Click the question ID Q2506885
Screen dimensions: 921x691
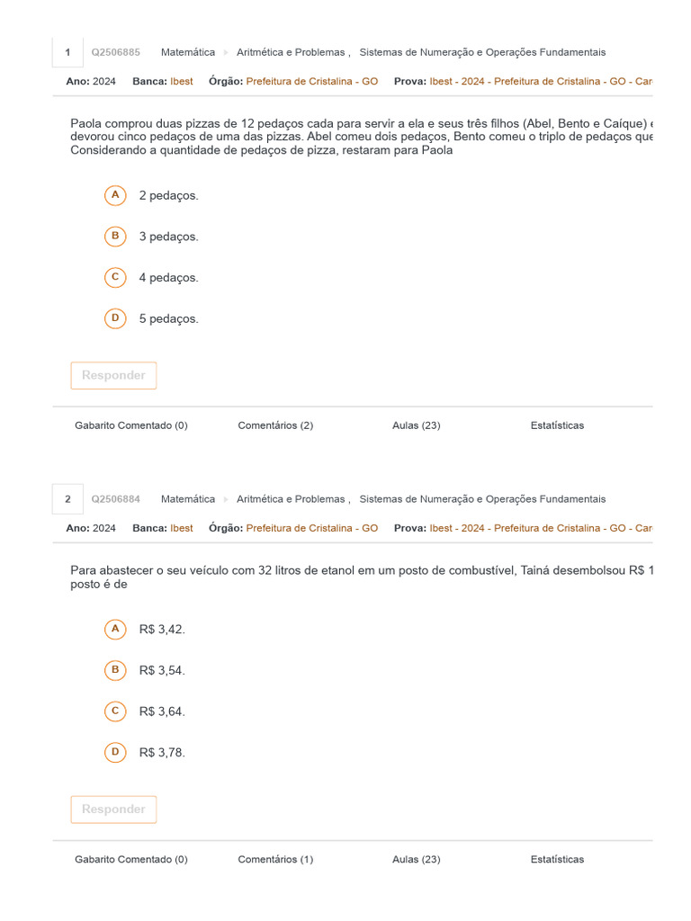click(115, 52)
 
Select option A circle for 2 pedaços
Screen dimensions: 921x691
click(115, 195)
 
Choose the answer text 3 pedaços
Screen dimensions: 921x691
click(168, 237)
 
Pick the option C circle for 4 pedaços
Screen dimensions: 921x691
click(115, 278)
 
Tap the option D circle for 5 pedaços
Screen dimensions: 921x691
click(115, 318)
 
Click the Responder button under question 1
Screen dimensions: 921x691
click(113, 376)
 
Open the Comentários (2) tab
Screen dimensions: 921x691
click(275, 425)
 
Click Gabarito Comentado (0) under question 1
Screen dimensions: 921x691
click(131, 425)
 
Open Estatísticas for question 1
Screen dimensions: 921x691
click(557, 425)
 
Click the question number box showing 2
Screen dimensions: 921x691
click(67, 499)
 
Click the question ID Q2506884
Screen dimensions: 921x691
click(115, 499)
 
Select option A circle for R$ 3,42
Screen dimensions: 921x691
click(115, 630)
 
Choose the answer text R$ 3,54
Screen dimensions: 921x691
click(162, 670)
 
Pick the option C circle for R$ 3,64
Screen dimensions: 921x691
click(115, 711)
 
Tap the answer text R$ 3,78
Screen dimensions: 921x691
click(162, 753)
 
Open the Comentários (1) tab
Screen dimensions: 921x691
click(275, 859)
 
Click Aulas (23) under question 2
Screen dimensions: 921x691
click(416, 859)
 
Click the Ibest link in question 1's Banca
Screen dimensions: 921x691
click(182, 81)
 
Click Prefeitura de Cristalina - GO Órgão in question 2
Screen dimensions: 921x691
click(311, 528)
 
